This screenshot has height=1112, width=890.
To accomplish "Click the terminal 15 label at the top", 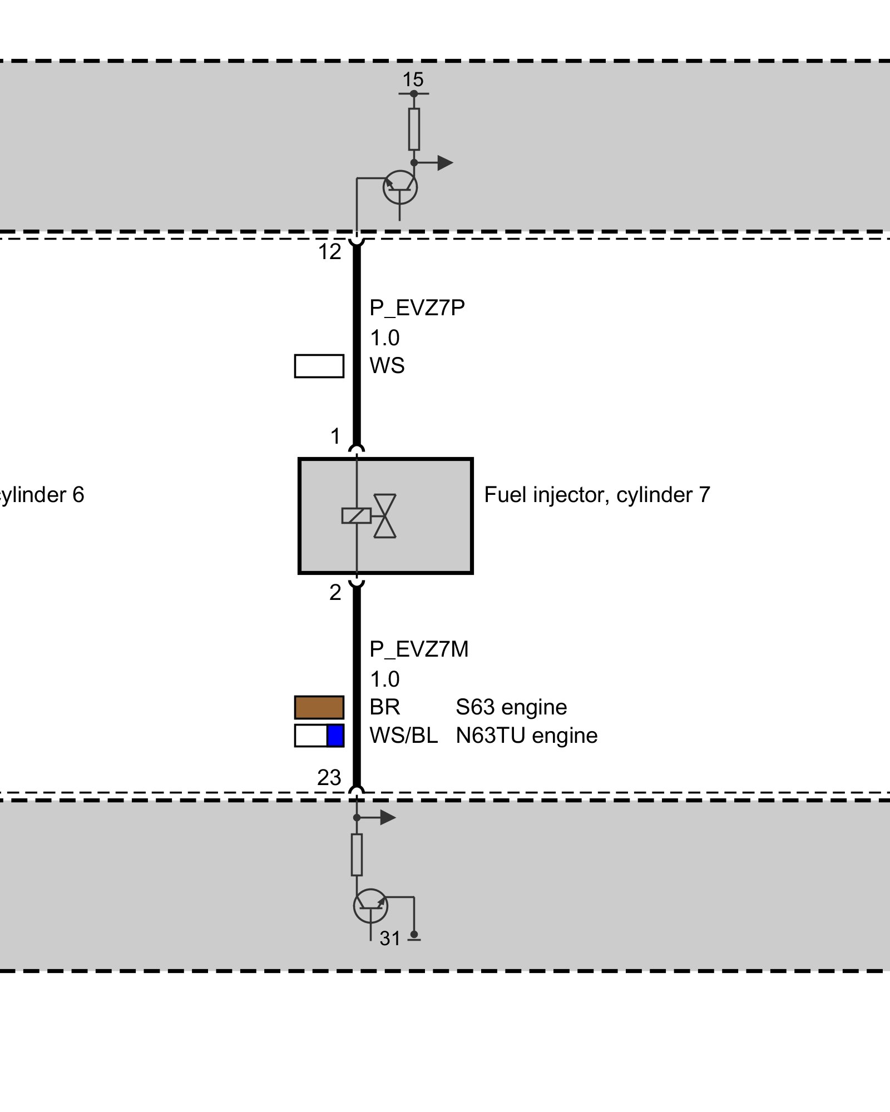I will [413, 80].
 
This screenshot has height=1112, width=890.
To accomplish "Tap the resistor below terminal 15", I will [414, 129].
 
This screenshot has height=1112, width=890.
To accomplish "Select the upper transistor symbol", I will [400, 187].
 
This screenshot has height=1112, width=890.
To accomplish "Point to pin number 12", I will [329, 252].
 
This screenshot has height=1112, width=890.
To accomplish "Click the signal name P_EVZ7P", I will [417, 307].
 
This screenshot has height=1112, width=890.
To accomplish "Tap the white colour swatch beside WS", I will [319, 366].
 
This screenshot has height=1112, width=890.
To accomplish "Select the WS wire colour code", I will [387, 366].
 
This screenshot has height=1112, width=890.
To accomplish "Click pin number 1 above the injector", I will [335, 436].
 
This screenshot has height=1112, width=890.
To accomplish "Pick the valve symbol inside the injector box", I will [384, 516].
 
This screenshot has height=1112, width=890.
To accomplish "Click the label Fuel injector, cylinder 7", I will [597, 495].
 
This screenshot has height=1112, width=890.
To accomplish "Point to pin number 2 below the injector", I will [335, 593].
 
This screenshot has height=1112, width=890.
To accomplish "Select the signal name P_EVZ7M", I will [419, 649].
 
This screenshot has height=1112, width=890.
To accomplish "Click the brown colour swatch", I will [319, 707].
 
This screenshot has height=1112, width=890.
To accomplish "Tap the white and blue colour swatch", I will [319, 736].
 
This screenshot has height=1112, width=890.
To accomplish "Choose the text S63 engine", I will [511, 707].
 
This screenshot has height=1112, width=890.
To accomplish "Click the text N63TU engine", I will [526, 736].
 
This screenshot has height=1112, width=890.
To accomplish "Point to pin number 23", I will [329, 778].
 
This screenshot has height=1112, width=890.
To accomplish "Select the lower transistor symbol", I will [370, 906].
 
